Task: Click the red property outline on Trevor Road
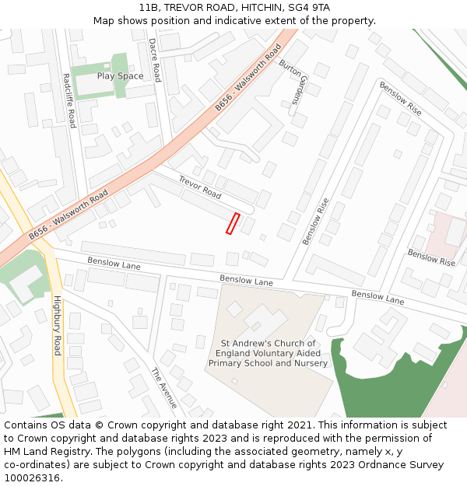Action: [232, 223]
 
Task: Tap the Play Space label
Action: [120, 76]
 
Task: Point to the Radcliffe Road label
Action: [69, 100]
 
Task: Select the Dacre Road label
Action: [154, 60]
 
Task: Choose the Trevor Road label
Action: [200, 186]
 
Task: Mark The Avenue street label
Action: [164, 387]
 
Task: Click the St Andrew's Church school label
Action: [268, 353]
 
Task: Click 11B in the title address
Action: [150, 8]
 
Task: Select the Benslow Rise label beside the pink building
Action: [431, 257]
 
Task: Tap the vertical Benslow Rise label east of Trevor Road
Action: [316, 222]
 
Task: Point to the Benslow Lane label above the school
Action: [246, 281]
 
